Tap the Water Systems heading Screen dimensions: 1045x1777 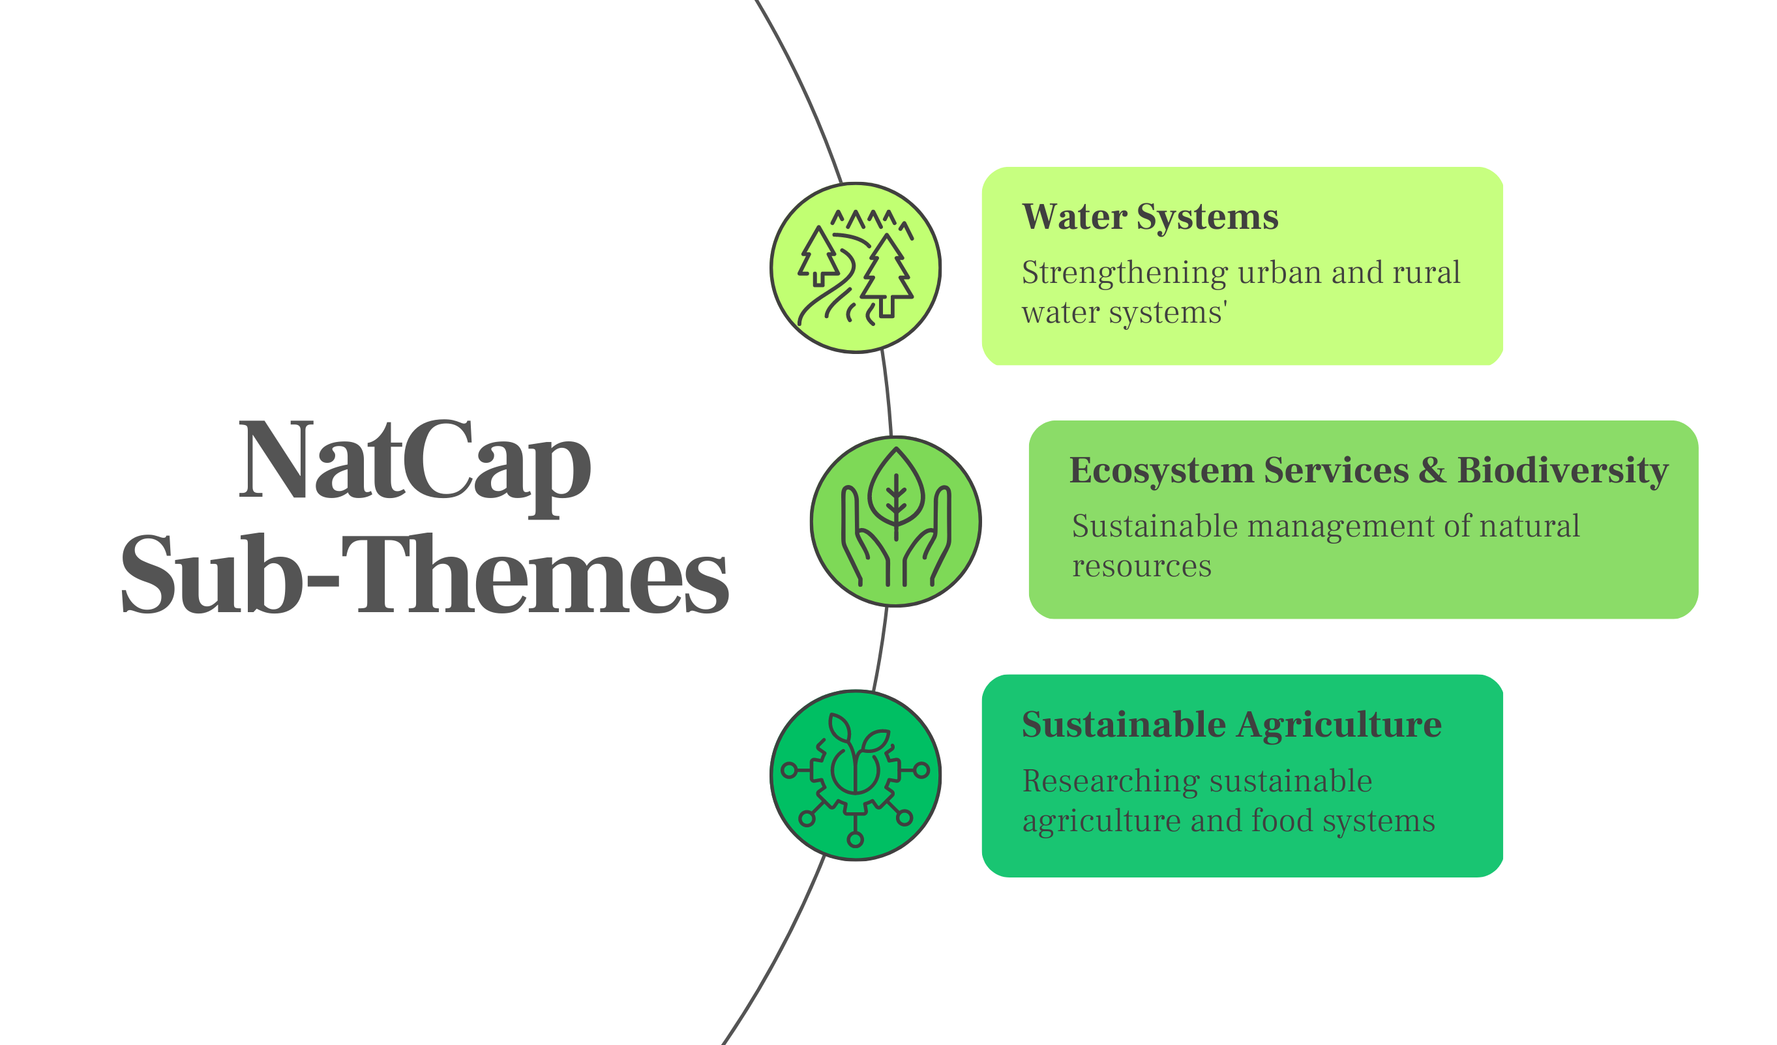(1150, 216)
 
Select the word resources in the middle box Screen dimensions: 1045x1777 (1141, 567)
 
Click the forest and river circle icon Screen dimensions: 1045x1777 (856, 268)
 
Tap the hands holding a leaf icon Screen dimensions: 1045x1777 (895, 521)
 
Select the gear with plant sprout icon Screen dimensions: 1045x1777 (856, 775)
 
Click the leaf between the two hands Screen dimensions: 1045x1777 (895, 487)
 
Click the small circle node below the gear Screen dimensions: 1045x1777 (856, 839)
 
